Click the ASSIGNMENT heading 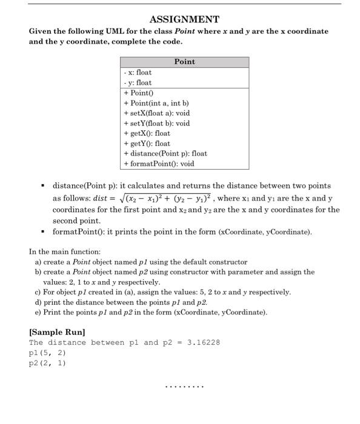tap(184, 19)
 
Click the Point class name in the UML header tap(184, 62)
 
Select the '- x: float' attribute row tap(138, 72)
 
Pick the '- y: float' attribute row tap(138, 82)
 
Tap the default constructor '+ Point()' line tap(140, 93)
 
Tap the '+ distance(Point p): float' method tap(165, 153)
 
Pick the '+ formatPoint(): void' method tap(159, 164)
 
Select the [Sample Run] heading tap(57, 333)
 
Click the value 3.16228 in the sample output tap(204, 343)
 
